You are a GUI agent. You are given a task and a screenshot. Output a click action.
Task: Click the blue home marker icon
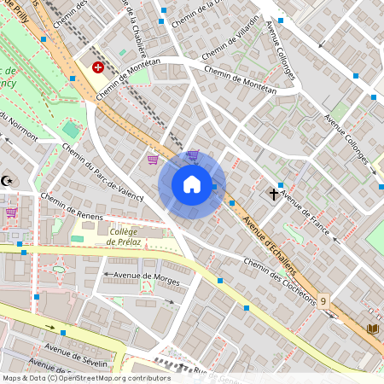click(192, 184)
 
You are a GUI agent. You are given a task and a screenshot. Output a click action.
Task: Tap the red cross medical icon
click(98, 67)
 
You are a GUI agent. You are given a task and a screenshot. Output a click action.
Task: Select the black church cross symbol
click(276, 194)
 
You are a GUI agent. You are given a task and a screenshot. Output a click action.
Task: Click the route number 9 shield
click(323, 301)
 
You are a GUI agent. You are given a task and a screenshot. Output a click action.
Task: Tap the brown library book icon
click(371, 329)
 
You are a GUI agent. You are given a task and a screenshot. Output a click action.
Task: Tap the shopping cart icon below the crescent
click(12, 212)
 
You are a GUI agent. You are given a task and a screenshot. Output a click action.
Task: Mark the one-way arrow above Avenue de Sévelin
click(61, 329)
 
